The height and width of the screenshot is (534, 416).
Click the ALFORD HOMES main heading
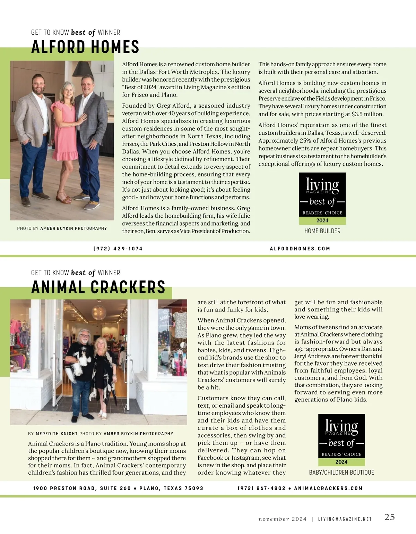click(85, 47)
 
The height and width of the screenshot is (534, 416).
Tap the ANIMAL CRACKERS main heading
click(98, 287)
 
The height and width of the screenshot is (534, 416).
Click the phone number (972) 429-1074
click(118, 249)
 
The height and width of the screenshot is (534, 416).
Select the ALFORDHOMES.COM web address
click(300, 249)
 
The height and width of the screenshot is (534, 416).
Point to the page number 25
click(389, 517)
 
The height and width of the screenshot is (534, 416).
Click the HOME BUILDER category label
click(322, 231)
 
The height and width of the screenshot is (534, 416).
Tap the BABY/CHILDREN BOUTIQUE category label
click(341, 473)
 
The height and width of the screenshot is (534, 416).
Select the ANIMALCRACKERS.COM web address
click(328, 488)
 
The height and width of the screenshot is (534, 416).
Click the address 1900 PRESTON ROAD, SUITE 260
click(82, 488)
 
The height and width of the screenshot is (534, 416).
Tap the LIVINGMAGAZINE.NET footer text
click(345, 519)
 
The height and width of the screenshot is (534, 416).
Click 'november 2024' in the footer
click(283, 519)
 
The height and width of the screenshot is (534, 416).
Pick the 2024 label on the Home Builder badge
click(322, 220)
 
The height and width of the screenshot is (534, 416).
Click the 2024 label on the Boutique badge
click(341, 462)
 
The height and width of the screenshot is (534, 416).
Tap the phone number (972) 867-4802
click(261, 488)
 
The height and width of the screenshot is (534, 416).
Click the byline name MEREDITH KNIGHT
click(57, 434)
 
